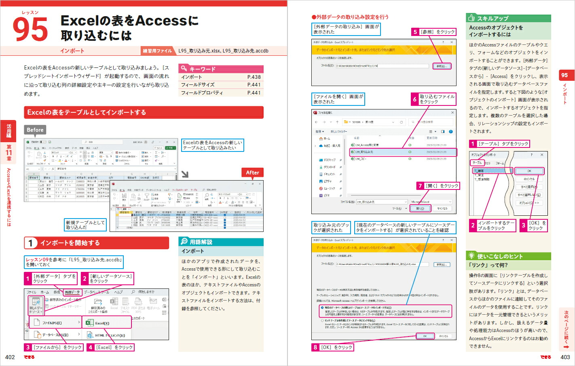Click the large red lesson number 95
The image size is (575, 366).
[x=30, y=29]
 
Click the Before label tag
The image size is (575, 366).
[x=35, y=130]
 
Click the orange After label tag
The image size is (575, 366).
[x=252, y=172]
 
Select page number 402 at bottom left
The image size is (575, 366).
[x=10, y=357]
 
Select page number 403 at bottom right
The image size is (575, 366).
[x=565, y=357]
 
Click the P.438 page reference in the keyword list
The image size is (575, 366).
[x=254, y=77]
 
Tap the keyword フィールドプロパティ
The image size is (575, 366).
[x=202, y=93]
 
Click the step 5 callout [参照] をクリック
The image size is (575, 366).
[x=434, y=32]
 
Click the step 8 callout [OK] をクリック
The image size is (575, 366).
[x=332, y=347]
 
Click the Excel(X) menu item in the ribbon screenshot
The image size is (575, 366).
[x=102, y=323]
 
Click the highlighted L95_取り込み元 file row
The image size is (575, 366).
[x=402, y=152]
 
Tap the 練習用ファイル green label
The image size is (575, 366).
[x=157, y=51]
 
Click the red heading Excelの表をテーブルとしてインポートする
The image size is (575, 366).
[x=144, y=112]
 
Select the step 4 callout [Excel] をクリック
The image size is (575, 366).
[x=110, y=347]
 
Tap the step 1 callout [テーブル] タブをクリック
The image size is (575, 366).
[x=499, y=144]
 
